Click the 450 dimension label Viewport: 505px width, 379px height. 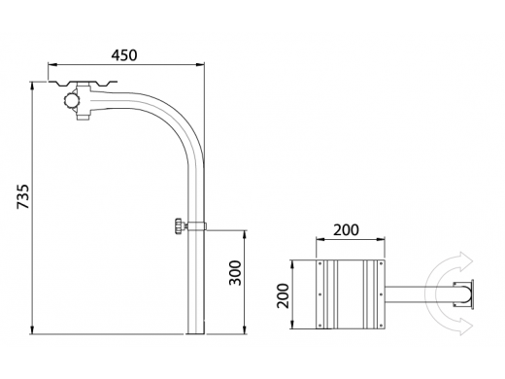tap(124, 55)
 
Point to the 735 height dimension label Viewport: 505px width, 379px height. tap(23, 196)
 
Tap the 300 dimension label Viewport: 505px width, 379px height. tap(235, 273)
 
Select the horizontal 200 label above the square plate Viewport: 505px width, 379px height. tap(346, 230)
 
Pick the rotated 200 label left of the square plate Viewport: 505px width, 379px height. tap(283, 295)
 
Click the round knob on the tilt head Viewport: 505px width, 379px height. tap(72, 101)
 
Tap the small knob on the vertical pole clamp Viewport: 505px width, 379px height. tap(179, 225)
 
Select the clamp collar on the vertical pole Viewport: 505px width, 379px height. tap(196, 225)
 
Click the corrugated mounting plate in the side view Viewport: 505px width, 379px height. tap(83, 84)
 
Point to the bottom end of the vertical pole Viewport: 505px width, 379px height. tap(196, 333)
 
